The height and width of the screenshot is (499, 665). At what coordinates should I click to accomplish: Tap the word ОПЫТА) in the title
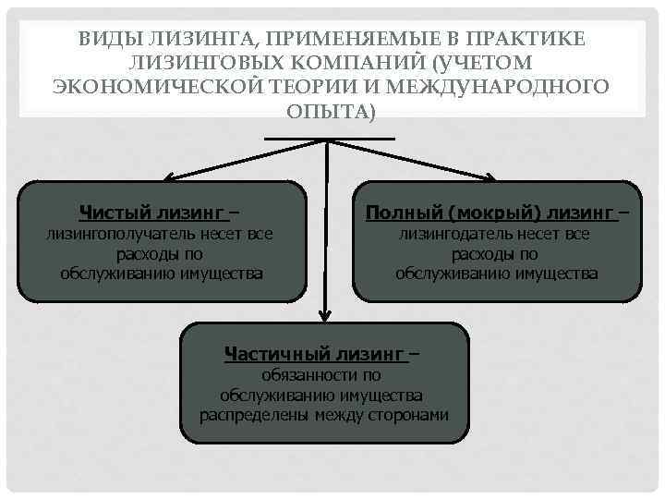332,111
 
